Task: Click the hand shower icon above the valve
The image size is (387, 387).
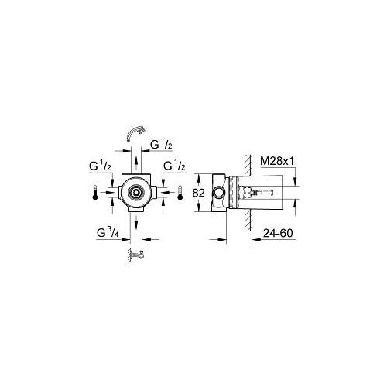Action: click(x=136, y=132)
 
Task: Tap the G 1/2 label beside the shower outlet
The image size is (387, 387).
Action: click(x=161, y=145)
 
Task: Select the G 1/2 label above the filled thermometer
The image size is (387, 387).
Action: click(x=100, y=166)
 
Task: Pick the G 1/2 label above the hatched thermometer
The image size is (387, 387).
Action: click(x=174, y=166)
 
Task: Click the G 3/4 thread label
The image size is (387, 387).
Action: click(x=108, y=233)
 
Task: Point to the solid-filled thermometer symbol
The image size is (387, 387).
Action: click(x=95, y=192)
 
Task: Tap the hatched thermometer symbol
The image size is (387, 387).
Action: click(x=180, y=192)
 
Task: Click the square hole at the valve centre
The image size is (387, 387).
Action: click(x=135, y=192)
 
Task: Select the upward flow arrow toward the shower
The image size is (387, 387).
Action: click(x=136, y=163)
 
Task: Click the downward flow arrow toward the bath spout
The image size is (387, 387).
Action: click(x=136, y=222)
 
